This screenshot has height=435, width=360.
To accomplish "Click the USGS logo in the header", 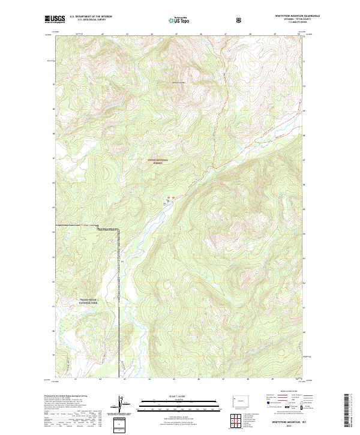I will [x=55, y=19].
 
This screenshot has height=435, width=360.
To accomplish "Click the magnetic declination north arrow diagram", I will [x=124, y=406].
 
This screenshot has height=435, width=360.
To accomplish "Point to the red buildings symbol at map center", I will [x=174, y=197].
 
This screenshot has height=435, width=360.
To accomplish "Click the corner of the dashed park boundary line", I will [x=118, y=226].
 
